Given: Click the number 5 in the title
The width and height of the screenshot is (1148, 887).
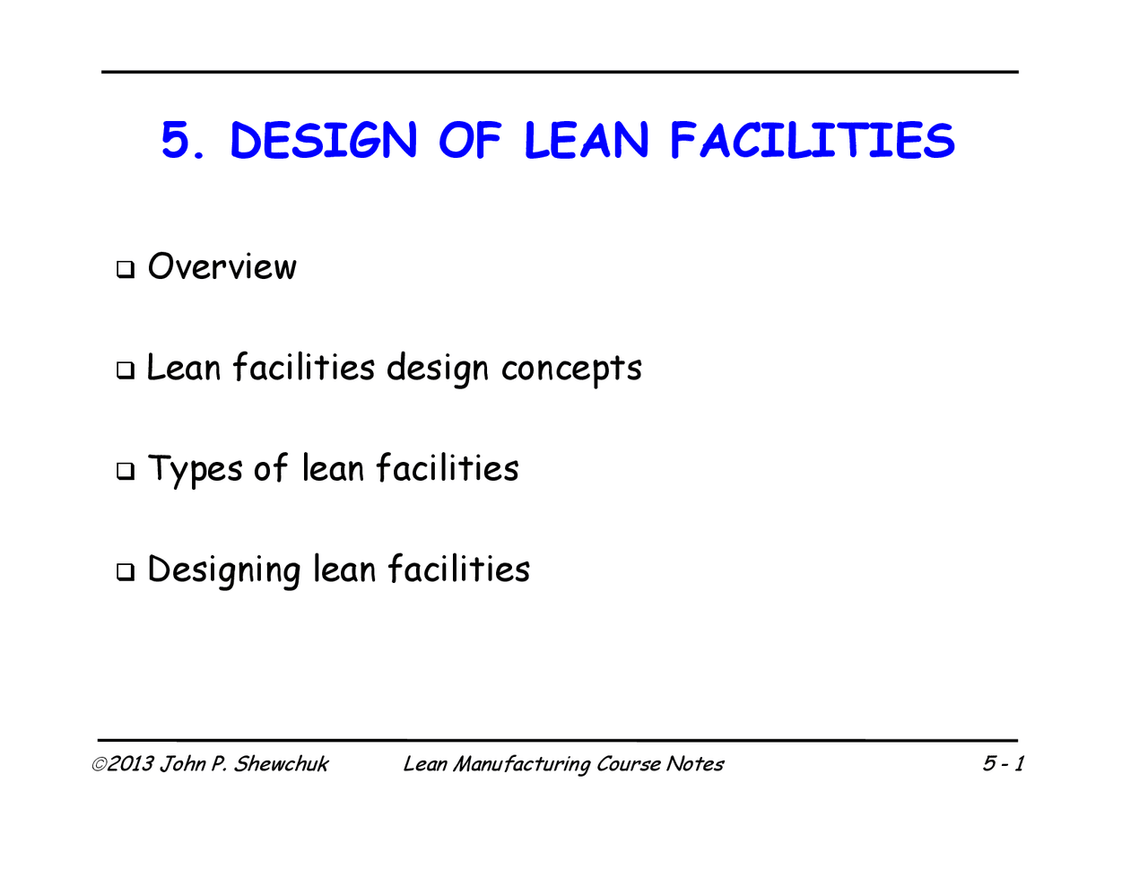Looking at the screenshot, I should pos(176,142).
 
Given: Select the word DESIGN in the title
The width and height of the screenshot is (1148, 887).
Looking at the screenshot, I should pos(324,142).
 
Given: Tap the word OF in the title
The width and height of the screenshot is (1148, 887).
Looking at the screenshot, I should pos(469,142).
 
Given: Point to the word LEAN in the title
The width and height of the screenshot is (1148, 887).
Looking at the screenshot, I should pos(586,142).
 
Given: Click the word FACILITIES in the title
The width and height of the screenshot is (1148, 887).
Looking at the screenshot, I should pos(813,142).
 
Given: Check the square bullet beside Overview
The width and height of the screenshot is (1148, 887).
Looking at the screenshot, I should pos(125,269).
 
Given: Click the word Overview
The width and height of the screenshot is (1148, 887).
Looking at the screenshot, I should pos(222,267).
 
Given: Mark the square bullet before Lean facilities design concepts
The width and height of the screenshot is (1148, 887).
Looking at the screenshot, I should pos(125,370).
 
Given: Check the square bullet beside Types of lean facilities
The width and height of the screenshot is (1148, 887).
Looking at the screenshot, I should pos(125,470).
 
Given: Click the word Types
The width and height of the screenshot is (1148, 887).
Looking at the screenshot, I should pos(195,470).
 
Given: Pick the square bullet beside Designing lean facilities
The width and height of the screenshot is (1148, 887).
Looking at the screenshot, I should pos(125,571).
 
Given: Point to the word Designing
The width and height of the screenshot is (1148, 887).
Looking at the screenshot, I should pos(223,571).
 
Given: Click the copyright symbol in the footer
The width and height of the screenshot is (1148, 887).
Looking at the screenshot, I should pos(99,764).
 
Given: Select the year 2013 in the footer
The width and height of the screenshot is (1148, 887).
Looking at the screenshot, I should pos(131,764).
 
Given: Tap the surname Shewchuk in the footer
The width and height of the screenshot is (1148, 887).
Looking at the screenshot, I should pos(281,764).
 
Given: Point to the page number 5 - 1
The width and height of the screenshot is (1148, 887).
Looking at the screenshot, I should pos(1003,764).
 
